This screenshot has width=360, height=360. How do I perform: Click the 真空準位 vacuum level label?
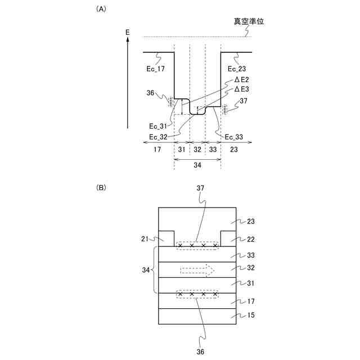(x=249, y=22)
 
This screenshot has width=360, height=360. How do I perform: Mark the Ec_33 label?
(x=234, y=137)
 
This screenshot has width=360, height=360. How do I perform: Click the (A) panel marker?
(x=101, y=9)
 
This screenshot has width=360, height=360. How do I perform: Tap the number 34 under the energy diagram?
(x=197, y=166)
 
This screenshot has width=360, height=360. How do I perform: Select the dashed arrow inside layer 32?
(x=197, y=271)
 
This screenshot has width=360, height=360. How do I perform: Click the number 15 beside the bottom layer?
(x=250, y=316)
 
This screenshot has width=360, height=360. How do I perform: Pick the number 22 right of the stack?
(x=250, y=239)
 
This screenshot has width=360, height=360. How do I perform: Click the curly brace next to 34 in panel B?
(x=156, y=270)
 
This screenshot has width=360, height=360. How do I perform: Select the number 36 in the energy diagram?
(x=150, y=93)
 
